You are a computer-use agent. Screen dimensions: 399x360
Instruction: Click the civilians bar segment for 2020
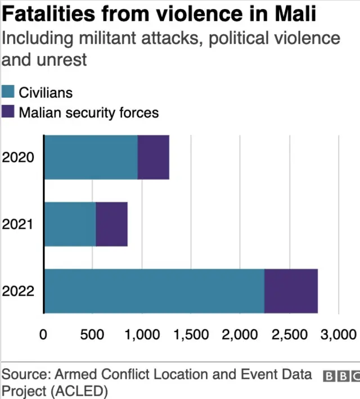[91, 157]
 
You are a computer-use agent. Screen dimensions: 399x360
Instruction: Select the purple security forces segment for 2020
[154, 157]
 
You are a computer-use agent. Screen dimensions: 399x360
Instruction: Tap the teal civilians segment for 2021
[70, 224]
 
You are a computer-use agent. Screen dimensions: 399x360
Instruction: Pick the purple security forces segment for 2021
[111, 224]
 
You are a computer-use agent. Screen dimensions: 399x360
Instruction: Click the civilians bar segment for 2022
[154, 291]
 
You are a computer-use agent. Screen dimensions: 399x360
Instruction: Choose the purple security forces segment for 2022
[291, 291]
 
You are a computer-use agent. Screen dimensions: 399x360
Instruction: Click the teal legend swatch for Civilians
[8, 92]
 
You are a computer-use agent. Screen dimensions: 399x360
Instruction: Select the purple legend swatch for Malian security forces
[8, 112]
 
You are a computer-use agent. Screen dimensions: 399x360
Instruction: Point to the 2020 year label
[19, 157]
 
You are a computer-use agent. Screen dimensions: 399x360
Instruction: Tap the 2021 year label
[19, 224]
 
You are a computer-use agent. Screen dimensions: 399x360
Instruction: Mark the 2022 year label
[19, 291]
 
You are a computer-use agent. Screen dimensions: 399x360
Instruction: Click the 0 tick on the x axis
[43, 335]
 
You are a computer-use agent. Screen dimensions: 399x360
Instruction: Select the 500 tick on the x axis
[92, 335]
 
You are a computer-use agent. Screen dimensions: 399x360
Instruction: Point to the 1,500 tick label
[191, 335]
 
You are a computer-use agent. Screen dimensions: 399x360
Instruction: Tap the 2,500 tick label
[290, 335]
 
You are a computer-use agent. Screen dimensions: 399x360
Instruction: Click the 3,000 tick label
[338, 335]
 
